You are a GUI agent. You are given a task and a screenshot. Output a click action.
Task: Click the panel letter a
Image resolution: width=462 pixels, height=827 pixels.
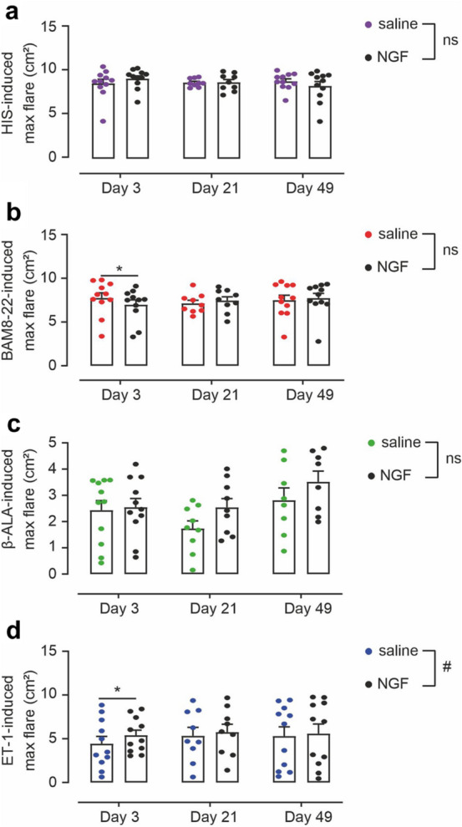[10, 12]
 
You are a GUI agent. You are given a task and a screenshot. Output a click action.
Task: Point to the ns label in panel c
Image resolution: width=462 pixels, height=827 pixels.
[449, 459]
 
